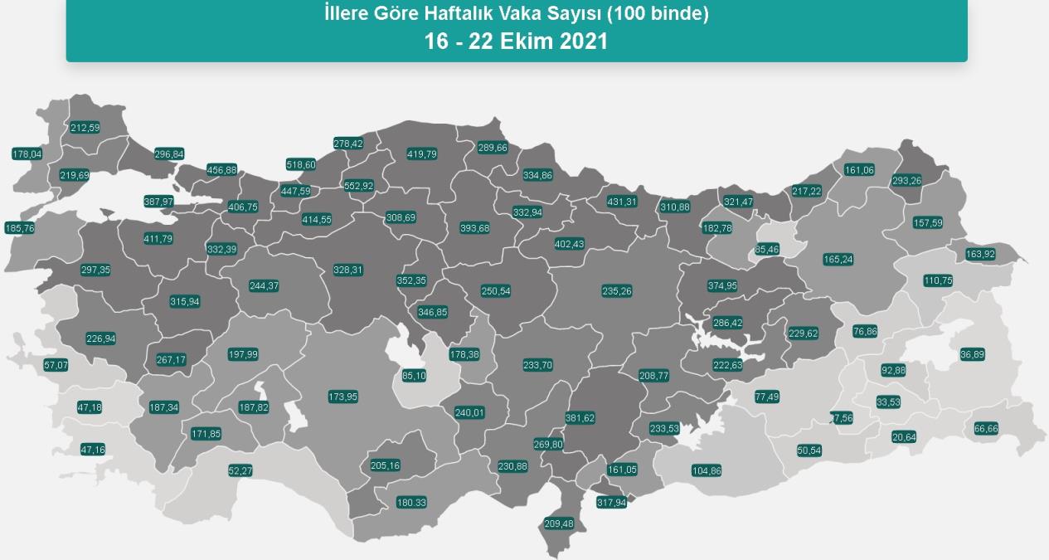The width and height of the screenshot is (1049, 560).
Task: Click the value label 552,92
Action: tap(358, 186)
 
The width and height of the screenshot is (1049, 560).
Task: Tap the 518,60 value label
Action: tap(301, 164)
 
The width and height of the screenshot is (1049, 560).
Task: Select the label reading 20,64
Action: tap(904, 437)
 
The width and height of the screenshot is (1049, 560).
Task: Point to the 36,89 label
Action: tap(973, 354)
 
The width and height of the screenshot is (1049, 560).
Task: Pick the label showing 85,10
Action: tap(414, 375)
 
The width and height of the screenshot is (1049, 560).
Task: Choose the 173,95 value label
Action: tap(342, 397)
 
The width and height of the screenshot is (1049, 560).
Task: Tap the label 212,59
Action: tap(85, 128)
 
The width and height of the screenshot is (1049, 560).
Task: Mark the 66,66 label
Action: tap(986, 428)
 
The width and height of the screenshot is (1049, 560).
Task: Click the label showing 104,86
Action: tap(706, 470)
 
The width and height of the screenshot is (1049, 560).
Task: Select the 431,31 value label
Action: tap(622, 202)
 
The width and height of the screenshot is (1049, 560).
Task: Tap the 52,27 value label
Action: tap(240, 470)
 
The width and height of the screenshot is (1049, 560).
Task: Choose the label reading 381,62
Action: tap(580, 418)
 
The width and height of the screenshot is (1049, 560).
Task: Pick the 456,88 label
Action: tap(221, 170)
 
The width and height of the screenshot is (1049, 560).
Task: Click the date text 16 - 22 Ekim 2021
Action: tap(516, 41)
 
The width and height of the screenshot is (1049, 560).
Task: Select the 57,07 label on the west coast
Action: tap(56, 365)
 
